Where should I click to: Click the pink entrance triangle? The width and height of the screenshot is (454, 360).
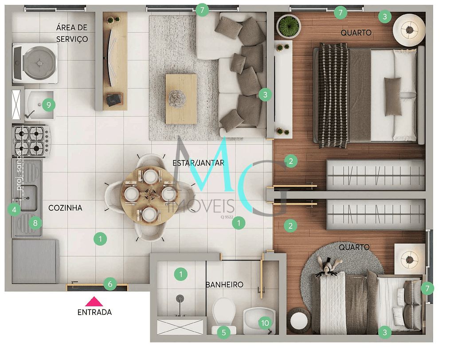94,302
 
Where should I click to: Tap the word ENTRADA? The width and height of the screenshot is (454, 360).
94,312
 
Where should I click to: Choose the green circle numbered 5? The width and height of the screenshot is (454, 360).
223,332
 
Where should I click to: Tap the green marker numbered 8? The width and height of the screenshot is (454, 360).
35,223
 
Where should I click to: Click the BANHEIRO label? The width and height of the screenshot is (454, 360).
224,285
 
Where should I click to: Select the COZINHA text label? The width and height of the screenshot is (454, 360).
65,207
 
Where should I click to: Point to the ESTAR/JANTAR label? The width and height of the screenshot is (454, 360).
198,163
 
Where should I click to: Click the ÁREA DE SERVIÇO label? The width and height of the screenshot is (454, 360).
72,33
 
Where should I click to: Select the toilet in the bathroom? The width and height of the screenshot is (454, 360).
223,312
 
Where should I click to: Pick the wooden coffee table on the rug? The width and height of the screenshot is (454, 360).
181,98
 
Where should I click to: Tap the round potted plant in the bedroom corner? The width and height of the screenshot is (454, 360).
288,26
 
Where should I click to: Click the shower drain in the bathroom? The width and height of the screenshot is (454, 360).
180,299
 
